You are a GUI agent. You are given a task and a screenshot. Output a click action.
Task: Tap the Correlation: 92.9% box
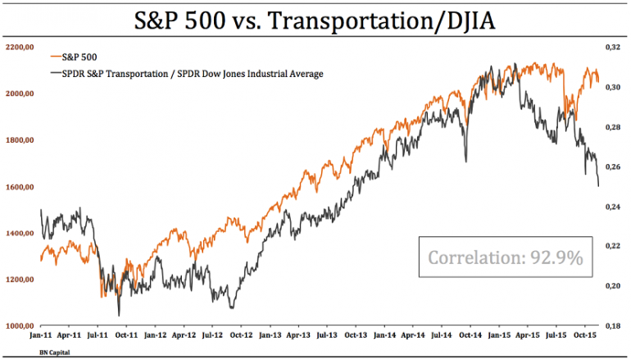pos(505,257)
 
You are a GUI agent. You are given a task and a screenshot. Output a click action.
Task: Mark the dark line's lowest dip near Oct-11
pos(119,315)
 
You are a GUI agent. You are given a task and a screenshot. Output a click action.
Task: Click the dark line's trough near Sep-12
pos(232,308)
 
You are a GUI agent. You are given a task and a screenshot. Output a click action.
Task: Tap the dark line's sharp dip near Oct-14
pos(466,161)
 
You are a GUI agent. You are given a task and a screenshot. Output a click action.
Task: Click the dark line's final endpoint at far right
pos(599,186)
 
